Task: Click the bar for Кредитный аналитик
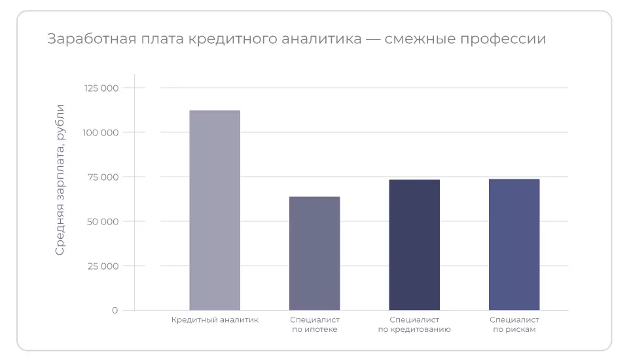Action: point(215,210)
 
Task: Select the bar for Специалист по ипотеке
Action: point(314,253)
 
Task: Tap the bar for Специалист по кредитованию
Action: point(414,245)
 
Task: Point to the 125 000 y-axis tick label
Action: point(101,88)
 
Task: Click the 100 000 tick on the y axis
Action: point(101,133)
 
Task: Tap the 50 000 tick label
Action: point(103,222)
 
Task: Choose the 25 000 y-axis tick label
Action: point(103,266)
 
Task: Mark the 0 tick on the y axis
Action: point(115,310)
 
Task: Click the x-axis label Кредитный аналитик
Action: point(215,320)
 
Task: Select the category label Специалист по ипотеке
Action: point(314,325)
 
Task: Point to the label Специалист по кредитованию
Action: point(414,325)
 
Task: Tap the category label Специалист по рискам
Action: point(514,325)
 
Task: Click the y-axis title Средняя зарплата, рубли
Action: point(60,179)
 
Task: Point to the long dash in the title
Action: point(373,39)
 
